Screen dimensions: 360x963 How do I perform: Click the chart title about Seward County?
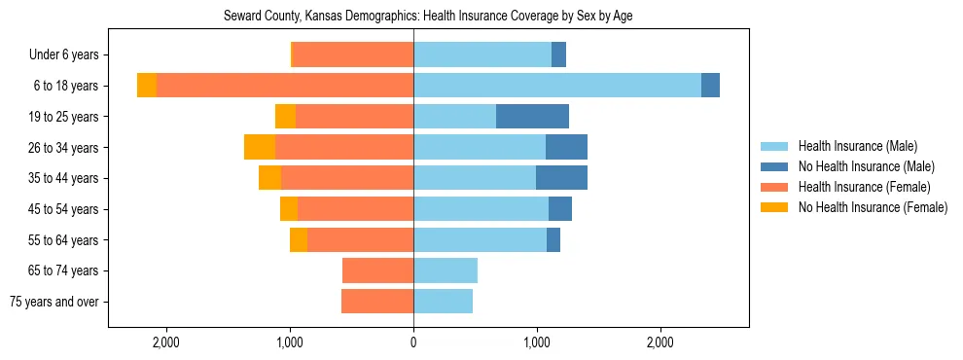click(x=429, y=17)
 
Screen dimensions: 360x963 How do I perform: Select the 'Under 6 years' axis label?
click(x=70, y=55)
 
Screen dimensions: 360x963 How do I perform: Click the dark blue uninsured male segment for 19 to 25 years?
click(x=532, y=117)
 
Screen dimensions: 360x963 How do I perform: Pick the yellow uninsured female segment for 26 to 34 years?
click(x=260, y=147)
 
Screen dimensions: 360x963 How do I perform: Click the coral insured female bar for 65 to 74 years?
click(x=378, y=270)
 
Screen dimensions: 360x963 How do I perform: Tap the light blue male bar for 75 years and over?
click(x=443, y=302)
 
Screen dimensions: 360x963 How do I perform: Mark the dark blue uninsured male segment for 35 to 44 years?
click(x=561, y=178)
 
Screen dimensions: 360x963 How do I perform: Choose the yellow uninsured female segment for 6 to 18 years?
click(x=147, y=86)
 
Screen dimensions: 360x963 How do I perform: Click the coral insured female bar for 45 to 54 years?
click(x=355, y=209)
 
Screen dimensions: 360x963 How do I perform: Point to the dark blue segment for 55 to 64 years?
click(x=553, y=239)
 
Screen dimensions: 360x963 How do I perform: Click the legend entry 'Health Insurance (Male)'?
click(x=857, y=146)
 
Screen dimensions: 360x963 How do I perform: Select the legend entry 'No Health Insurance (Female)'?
click(x=873, y=207)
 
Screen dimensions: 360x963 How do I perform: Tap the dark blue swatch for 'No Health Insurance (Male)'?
click(x=774, y=166)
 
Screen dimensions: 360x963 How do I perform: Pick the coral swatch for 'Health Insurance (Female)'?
click(x=774, y=187)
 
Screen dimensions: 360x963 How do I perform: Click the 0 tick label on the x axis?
click(x=413, y=342)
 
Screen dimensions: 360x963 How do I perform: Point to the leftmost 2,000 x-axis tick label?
click(x=166, y=342)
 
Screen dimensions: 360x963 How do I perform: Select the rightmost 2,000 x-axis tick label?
click(x=660, y=342)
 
